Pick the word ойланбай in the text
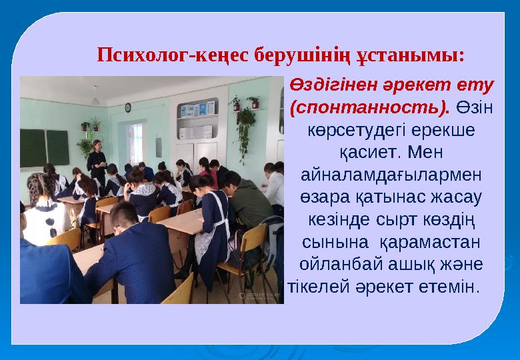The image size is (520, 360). [344, 264]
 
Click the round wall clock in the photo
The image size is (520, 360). [127, 107]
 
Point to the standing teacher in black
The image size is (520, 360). [97, 160]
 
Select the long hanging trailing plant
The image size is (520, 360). [245, 130]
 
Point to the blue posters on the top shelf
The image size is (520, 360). [198, 109]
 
